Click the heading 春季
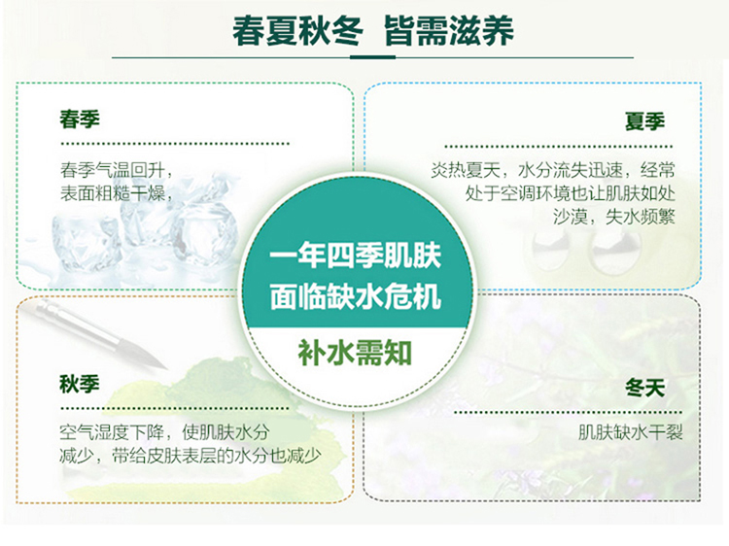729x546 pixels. coord(80,119)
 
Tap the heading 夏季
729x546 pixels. coord(644,121)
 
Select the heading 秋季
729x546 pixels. coord(80,384)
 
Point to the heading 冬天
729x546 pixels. coord(644,388)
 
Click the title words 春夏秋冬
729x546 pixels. coord(297,31)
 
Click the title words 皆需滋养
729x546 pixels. coord(449,31)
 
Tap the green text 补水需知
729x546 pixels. coord(355,354)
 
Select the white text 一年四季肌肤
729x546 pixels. coord(355,256)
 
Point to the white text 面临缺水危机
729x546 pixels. coord(355,296)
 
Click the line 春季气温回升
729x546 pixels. coord(117,170)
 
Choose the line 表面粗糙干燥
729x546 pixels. coord(117,193)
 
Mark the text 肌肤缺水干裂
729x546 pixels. coord(630,432)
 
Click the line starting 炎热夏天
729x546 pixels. coord(552,170)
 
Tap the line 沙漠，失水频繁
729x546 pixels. coord(613,217)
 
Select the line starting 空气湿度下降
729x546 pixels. coord(164,432)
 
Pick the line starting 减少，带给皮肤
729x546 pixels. coord(191,456)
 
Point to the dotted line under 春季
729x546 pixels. coord(175,144)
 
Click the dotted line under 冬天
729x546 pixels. coord(568,412)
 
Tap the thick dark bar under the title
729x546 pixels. coord(372,57)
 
